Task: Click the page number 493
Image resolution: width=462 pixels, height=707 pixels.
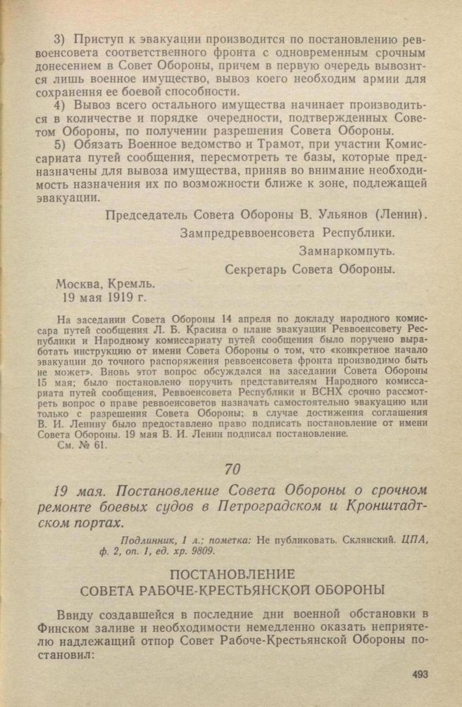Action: pyautogui.click(x=421, y=674)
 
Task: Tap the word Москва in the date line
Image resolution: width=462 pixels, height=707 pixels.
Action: pyautogui.click(x=80, y=285)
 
